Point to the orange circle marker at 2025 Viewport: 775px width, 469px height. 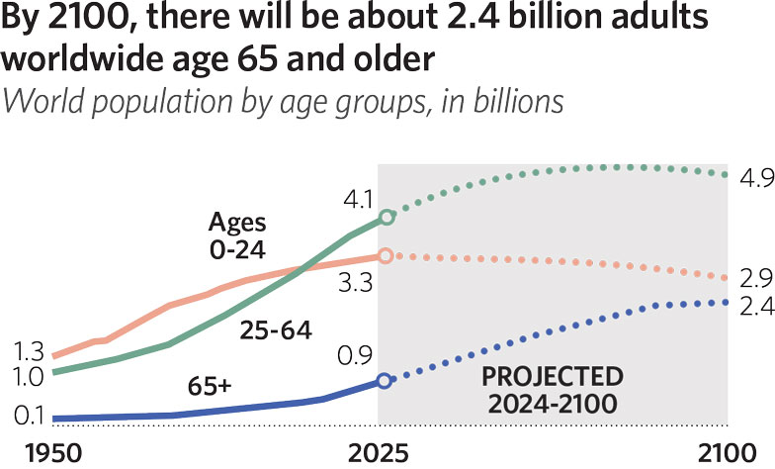pos(386,255)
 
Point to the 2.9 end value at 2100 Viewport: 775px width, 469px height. pos(750,280)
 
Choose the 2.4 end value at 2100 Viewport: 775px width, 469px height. pos(750,307)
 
